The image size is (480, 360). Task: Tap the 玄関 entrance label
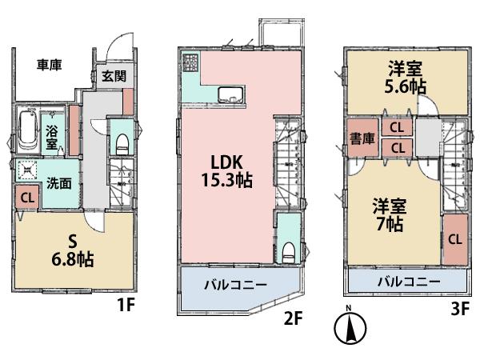click(112, 77)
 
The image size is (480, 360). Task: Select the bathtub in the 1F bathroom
click(30, 131)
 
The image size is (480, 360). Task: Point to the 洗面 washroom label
click(58, 182)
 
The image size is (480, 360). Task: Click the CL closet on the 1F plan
click(27, 197)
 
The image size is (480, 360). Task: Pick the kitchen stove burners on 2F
click(190, 63)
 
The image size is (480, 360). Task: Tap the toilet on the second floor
click(287, 250)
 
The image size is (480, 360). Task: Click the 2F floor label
click(293, 319)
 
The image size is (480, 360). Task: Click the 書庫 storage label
click(359, 137)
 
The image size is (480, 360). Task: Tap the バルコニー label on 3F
click(408, 282)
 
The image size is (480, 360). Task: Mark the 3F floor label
click(458, 308)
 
